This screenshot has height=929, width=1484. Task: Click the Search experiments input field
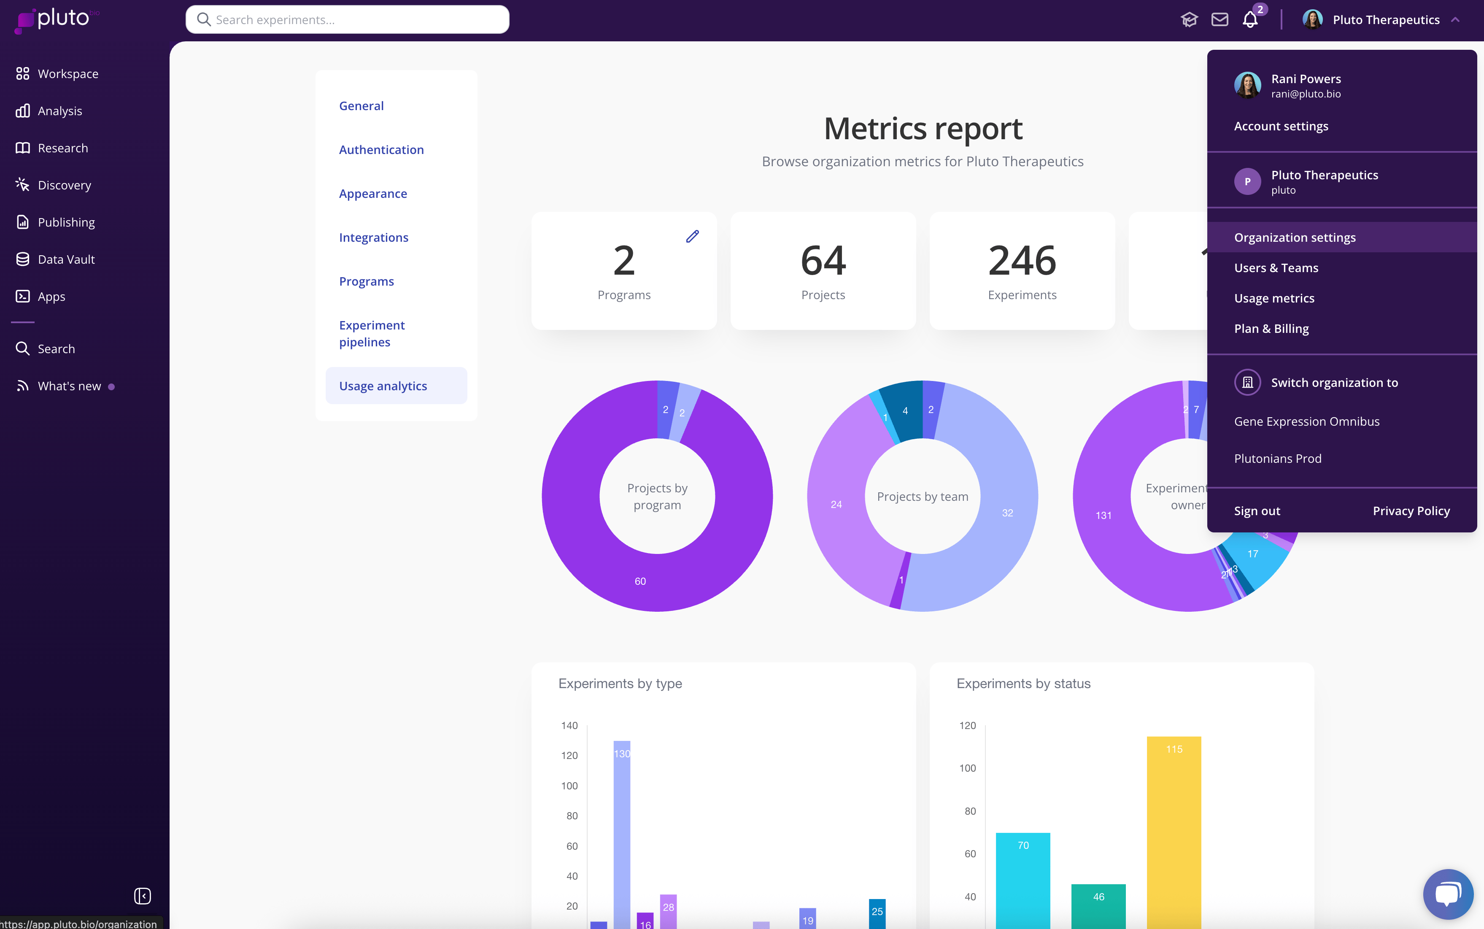coord(348,20)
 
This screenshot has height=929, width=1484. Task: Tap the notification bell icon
coord(1250,20)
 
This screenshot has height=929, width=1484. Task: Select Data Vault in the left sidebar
coord(66,259)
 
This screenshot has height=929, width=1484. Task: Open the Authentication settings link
coord(381,150)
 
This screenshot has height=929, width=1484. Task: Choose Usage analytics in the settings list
coord(383,386)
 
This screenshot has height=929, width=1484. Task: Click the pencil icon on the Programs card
coord(692,237)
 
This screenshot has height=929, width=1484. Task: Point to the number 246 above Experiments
coord(1022,260)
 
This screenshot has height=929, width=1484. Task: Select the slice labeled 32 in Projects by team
coord(1007,513)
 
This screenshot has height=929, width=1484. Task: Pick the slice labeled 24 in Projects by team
coord(836,505)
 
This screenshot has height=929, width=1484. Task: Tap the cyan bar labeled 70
coord(1023,879)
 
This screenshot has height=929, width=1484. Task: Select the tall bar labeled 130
coord(622,829)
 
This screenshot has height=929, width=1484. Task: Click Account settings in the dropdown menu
coord(1281,127)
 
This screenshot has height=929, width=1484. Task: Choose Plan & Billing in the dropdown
coord(1271,329)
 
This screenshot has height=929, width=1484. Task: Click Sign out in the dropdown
coord(1257,511)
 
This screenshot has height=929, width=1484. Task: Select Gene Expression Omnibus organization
coord(1306,421)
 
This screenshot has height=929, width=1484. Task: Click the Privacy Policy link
coord(1411,511)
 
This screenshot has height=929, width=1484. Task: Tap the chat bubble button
coord(1448,894)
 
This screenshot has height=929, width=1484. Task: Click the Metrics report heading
coord(923,129)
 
